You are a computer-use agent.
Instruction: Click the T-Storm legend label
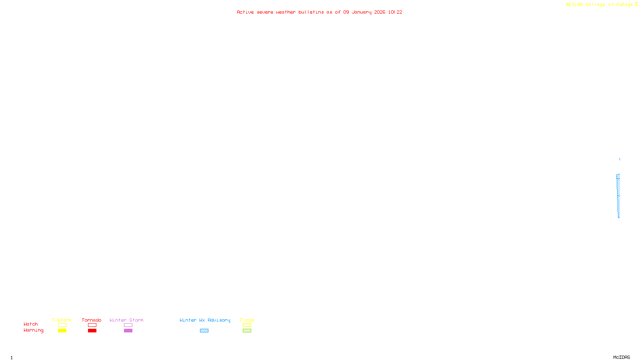point(62,320)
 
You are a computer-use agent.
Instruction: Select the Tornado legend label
point(92,320)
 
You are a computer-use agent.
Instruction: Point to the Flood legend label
point(247,320)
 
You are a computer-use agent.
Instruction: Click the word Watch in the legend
point(31,324)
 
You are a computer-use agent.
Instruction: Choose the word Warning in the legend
point(33,330)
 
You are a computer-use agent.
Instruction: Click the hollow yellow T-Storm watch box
point(62,325)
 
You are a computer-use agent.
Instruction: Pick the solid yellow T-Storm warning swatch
point(62,331)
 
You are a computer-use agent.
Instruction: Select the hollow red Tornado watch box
point(92,325)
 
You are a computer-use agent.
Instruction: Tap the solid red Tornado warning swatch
point(92,331)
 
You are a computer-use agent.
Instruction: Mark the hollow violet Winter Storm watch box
point(128,325)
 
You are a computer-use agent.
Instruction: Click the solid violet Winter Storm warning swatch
point(128,331)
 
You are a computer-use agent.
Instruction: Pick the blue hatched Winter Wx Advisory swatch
point(204,331)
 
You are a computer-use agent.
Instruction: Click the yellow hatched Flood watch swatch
point(247,325)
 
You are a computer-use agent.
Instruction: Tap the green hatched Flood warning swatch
point(247,331)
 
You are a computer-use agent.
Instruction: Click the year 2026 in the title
point(380,12)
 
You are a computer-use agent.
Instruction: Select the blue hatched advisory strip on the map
point(618,196)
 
